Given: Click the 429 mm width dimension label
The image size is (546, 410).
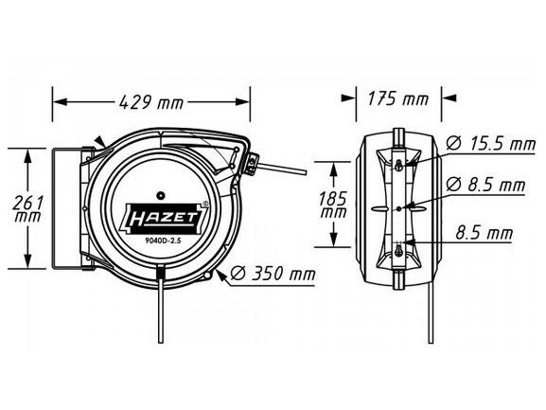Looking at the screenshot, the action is [x=150, y=102].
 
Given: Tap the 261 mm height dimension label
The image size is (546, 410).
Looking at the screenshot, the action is [x=27, y=208].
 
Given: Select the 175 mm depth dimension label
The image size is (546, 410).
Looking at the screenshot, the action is [x=398, y=98].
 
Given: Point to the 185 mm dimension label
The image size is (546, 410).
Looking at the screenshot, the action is [x=333, y=205].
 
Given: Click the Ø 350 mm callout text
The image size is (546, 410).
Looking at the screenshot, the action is [x=273, y=274].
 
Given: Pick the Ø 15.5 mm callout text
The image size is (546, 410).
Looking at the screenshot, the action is [x=490, y=144].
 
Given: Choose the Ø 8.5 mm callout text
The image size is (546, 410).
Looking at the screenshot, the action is [x=485, y=185].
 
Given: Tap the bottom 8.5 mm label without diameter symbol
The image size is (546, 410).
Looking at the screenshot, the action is [x=484, y=233].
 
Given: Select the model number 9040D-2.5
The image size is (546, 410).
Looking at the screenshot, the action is [x=162, y=240].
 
